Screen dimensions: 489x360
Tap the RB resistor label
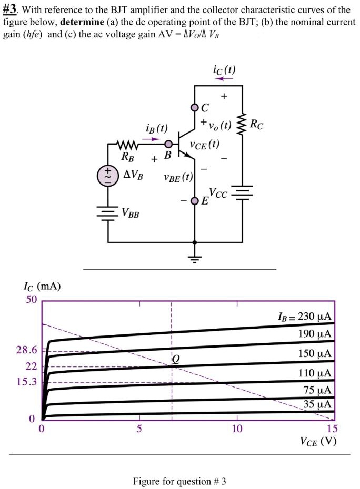click(x=127, y=156)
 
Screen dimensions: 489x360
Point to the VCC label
click(x=218, y=193)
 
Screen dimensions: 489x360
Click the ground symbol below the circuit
click(x=195, y=258)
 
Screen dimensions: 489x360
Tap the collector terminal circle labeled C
click(x=195, y=108)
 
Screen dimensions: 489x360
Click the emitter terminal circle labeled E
click(x=195, y=200)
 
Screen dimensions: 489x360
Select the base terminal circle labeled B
click(x=168, y=144)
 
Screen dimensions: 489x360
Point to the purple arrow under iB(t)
click(x=151, y=139)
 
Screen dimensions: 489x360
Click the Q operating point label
click(x=176, y=359)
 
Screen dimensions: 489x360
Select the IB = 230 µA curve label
click(x=304, y=317)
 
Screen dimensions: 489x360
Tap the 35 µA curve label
click(x=317, y=404)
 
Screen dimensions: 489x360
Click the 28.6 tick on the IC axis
click(x=27, y=350)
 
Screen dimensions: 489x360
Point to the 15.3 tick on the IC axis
click(x=27, y=382)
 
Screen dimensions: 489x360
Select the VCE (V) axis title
click(x=318, y=441)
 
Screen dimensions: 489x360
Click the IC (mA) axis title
click(x=42, y=287)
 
